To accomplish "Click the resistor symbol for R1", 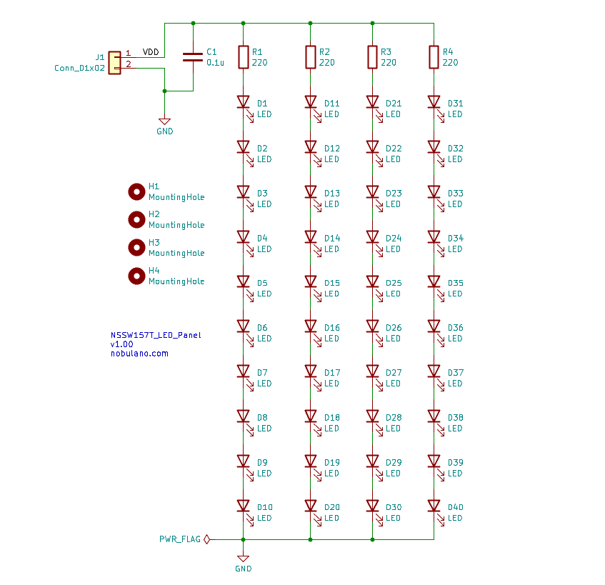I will click(243, 57).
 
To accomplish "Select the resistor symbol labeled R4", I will click(434, 57).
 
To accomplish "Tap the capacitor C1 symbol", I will click(193, 57).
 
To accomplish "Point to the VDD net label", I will click(151, 52).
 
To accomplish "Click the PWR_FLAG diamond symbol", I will click(207, 539).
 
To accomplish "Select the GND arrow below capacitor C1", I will click(164, 121).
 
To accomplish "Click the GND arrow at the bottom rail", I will click(243, 558).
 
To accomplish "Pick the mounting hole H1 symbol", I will click(136, 191).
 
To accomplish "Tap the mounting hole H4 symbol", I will click(136, 276).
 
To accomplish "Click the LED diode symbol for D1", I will click(243, 103).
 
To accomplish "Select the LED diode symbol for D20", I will click(311, 506).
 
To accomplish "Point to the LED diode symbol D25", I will click(372, 281).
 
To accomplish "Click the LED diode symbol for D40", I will click(434, 506).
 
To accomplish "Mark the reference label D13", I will click(332, 194).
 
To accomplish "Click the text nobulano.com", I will click(139, 354).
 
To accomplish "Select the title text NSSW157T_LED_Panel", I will click(156, 335).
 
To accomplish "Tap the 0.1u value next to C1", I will click(215, 63).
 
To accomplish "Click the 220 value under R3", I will click(388, 63).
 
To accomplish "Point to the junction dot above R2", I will click(311, 23).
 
